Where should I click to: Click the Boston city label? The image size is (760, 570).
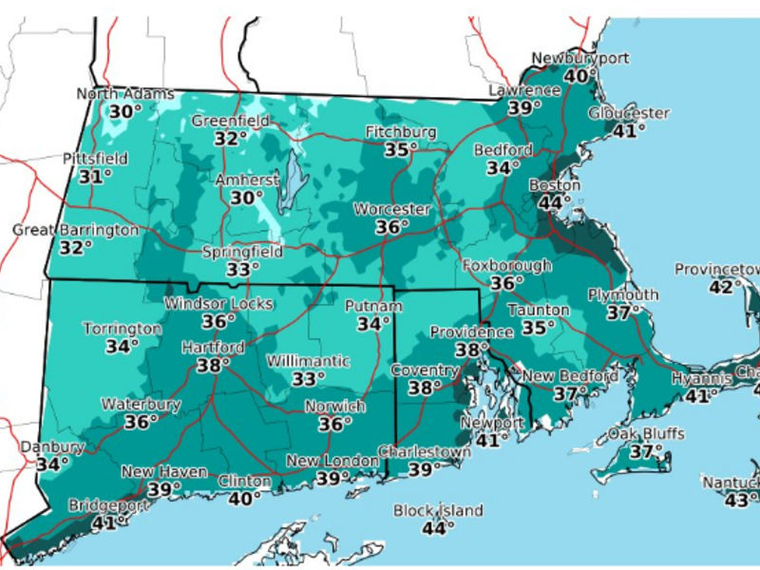554,184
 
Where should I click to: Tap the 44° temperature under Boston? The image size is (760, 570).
555,201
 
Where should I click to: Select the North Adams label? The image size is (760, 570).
124,94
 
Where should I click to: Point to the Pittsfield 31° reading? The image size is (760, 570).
95,176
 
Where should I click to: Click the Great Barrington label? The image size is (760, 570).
75,230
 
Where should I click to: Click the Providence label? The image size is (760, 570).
471,332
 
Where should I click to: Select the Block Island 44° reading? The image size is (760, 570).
438,527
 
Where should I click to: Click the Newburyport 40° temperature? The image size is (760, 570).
579,76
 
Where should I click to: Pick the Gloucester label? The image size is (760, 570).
628,113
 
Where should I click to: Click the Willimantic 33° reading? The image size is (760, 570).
306,378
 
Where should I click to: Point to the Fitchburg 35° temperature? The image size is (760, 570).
402,149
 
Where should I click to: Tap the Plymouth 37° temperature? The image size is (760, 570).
623,312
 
